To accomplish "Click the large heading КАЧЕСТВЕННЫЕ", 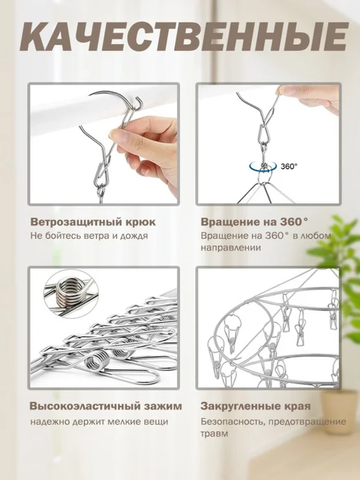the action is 184,37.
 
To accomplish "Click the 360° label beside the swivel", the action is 290,167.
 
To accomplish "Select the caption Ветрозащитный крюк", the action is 93,223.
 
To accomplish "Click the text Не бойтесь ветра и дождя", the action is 89,236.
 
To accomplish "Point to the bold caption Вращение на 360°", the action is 255,222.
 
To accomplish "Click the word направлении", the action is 231,248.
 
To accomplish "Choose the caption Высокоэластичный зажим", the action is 106,406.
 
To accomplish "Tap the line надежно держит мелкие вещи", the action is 99,422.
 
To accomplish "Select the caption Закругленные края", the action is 255,407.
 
